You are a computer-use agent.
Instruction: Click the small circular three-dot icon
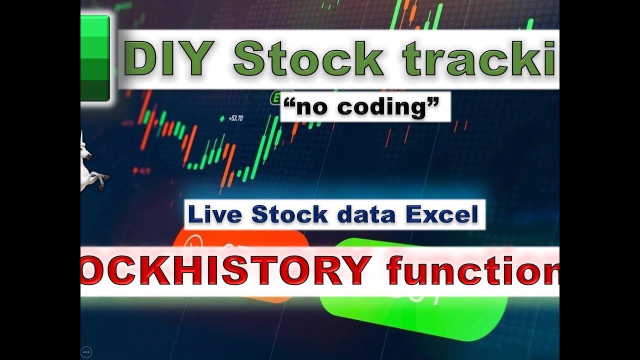86,351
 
